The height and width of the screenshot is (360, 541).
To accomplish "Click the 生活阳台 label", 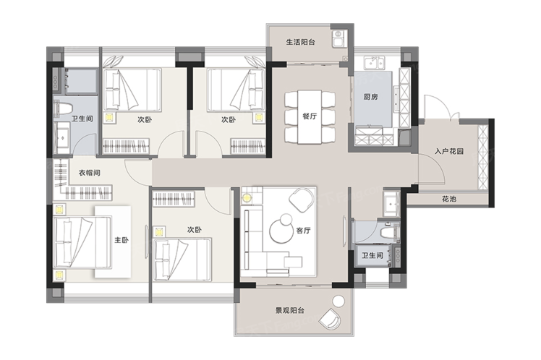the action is pos(300,42).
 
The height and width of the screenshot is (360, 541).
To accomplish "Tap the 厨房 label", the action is pos(370,97).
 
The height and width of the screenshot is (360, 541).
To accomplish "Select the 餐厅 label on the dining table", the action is pos(310,116).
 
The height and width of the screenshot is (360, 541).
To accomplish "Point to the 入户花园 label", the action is pos(449,151).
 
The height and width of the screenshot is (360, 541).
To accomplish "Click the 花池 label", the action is pos(449,199).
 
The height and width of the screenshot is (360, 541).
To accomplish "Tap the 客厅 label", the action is pos(303,231).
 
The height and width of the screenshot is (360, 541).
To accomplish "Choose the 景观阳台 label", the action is pos(290,310).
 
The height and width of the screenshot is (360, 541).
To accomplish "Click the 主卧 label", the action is pos(122,240).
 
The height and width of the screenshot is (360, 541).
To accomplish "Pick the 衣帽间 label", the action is pos(89,173).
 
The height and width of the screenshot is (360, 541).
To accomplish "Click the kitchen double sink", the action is pos(375,63).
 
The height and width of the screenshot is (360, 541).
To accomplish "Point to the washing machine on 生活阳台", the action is pos(338,38).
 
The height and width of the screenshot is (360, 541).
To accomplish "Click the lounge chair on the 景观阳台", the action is pos(331,318).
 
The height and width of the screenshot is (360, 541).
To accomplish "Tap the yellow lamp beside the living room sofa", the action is pos(247,198).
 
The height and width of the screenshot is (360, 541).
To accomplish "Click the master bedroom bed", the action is pos(82,242).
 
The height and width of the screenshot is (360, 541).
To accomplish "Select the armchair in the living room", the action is pos(302,200).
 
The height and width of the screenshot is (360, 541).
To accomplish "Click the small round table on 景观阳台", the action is pos(339,301).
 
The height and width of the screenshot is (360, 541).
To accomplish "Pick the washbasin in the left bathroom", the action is pos(62,138).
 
